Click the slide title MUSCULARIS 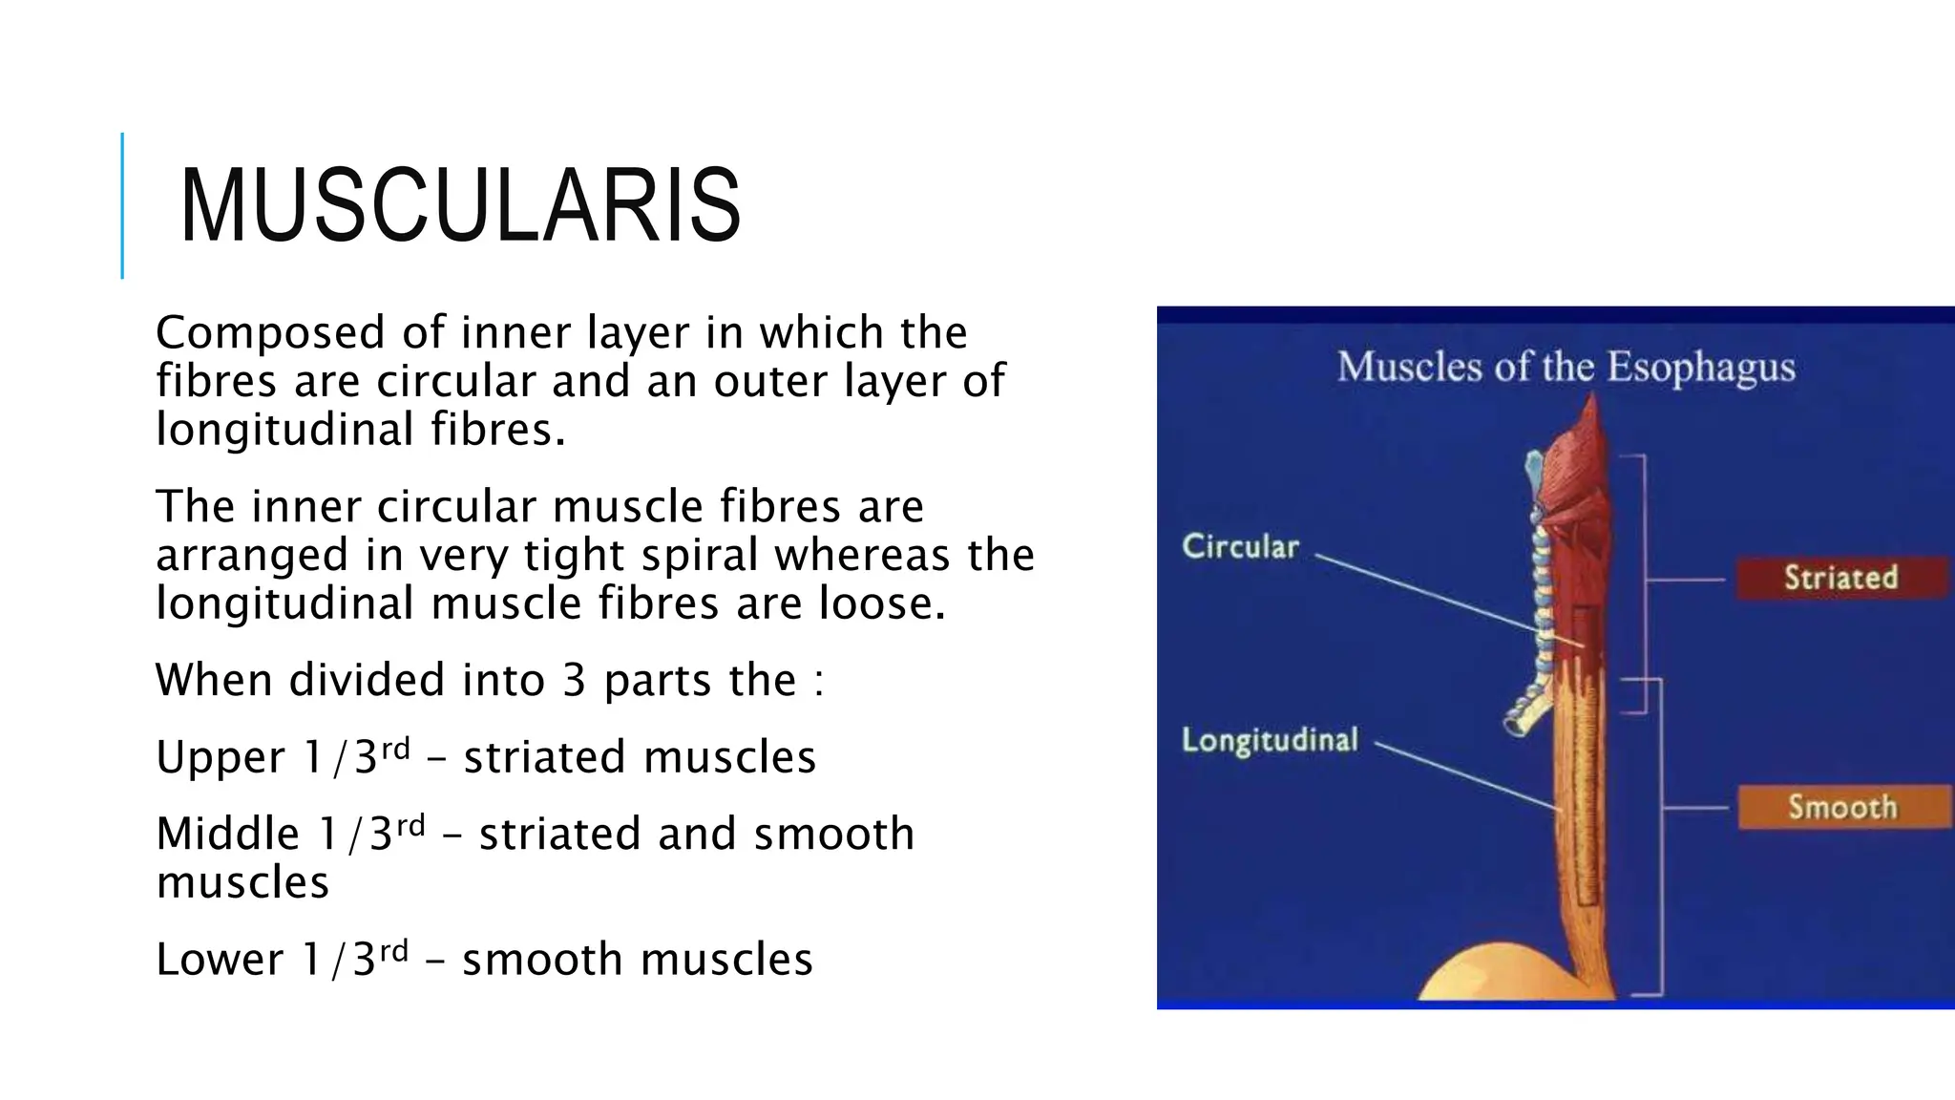pos(460,206)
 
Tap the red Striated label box pos(1840,578)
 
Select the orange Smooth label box pos(1842,807)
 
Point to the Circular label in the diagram pos(1241,546)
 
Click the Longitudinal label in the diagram pos(1270,740)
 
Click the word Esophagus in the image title pos(1700,368)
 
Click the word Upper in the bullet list pos(221,758)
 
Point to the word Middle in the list pos(227,834)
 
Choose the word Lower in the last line pos(220,960)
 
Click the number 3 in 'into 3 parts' pos(574,681)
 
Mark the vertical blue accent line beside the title pos(122,205)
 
